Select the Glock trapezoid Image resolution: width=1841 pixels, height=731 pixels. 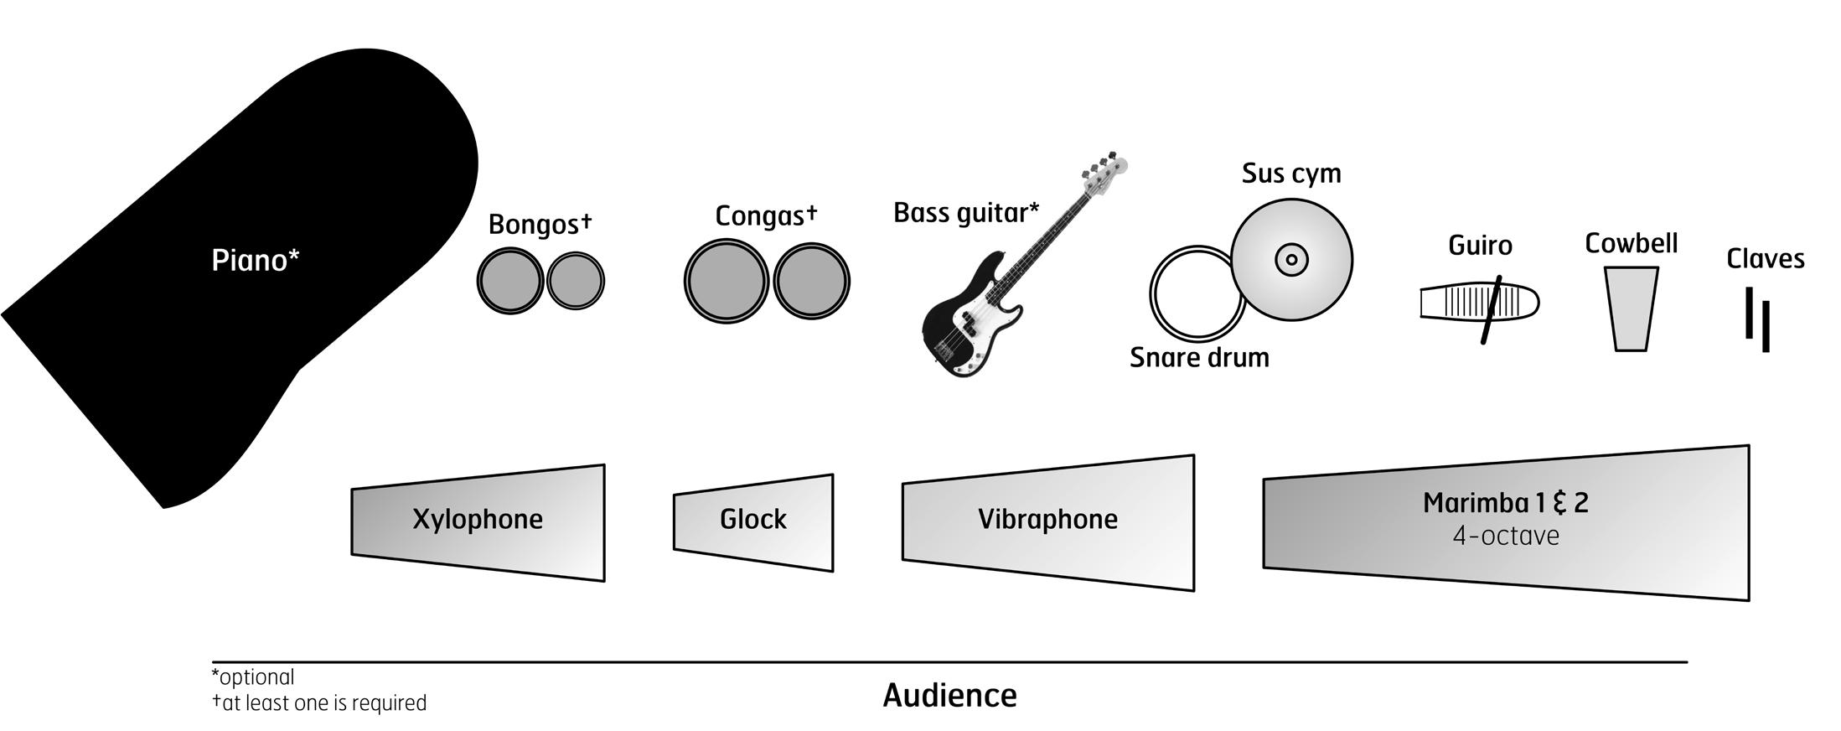point(753,521)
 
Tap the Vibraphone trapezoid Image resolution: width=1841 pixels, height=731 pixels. point(1047,521)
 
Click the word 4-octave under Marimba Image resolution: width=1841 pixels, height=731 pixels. point(1506,537)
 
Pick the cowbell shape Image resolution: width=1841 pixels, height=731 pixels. point(1631,308)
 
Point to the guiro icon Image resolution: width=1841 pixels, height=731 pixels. point(1479,303)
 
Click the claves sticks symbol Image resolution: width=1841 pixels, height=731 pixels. point(1757,319)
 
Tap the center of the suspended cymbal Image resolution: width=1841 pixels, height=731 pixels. point(1291,259)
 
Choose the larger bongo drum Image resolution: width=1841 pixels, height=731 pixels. point(509,281)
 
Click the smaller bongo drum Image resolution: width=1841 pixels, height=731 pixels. point(576,281)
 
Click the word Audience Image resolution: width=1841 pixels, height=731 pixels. point(949,696)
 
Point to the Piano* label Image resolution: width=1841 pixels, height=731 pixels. point(255,261)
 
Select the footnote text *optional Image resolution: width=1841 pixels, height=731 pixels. point(253,677)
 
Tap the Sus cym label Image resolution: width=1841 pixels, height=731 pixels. point(1290,174)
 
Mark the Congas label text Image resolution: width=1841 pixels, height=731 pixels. point(759,216)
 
